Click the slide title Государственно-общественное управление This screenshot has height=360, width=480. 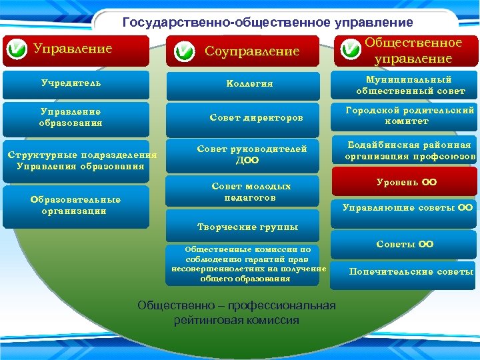coord(267,22)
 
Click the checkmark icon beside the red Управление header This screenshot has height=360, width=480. coord(16,50)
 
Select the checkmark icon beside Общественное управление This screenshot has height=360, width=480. coord(351,51)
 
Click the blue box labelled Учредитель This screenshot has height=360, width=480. coord(76,84)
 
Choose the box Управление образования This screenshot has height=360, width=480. coord(76,117)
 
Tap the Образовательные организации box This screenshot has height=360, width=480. coord(75,204)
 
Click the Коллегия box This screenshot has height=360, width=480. coord(249,84)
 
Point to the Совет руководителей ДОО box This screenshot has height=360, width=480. coord(247,155)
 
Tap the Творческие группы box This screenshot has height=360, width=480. coord(247,227)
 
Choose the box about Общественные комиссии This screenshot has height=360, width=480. coord(248,264)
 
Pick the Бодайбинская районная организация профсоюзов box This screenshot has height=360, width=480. coord(408,151)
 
